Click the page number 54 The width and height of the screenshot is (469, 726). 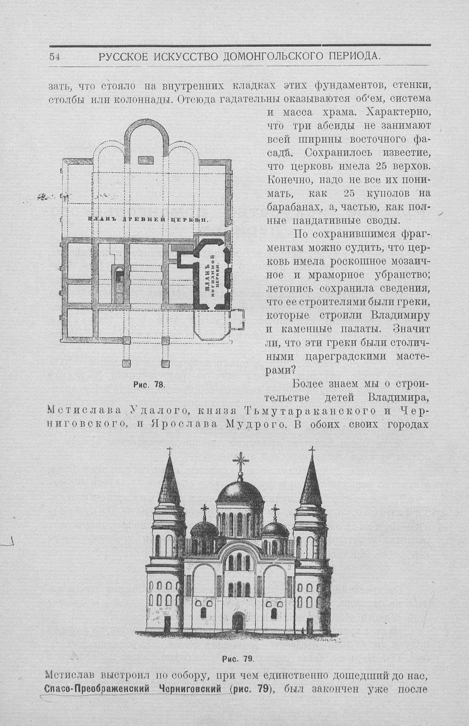click(54, 57)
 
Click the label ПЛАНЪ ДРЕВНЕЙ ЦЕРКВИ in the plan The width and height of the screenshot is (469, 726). click(147, 220)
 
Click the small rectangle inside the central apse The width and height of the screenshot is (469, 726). click(146, 160)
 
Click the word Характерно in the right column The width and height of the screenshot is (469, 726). click(398, 112)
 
